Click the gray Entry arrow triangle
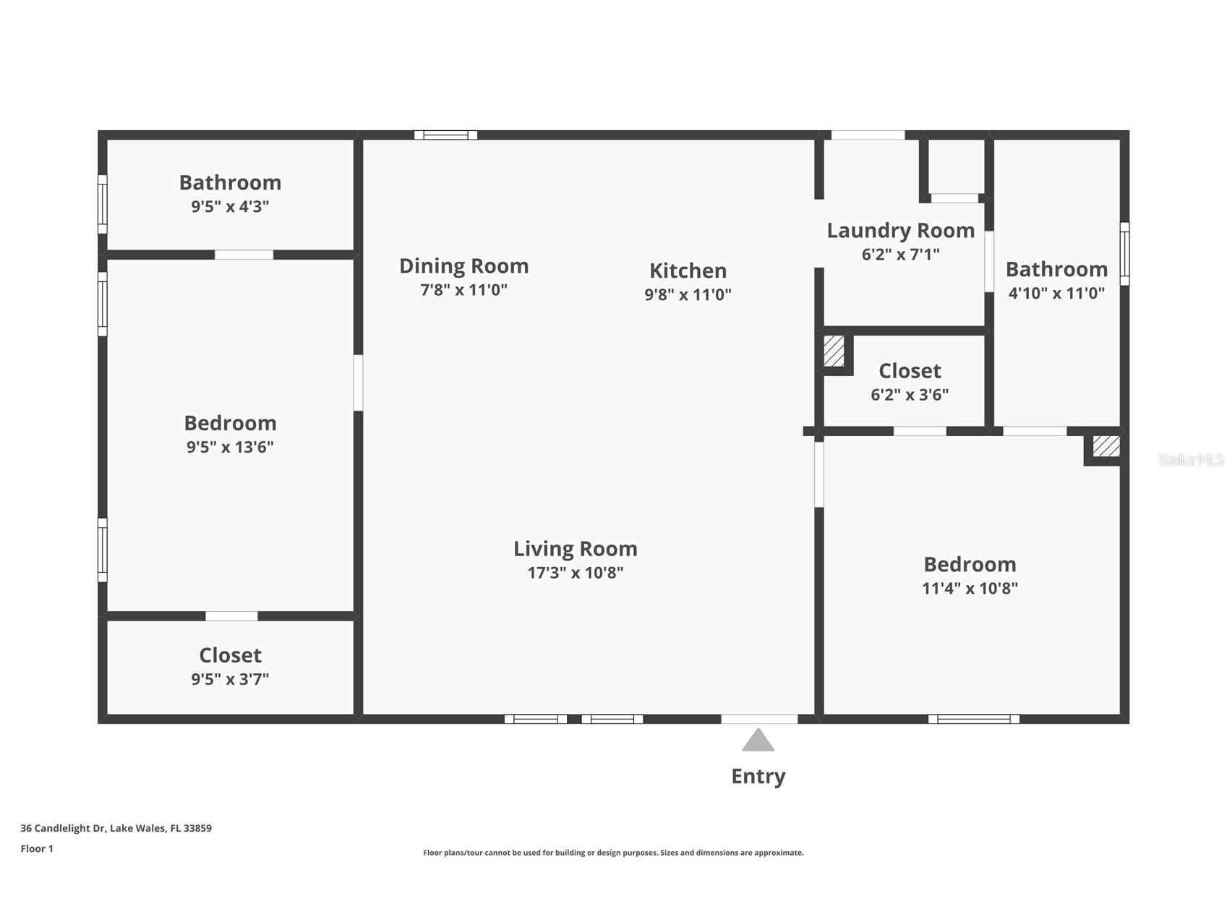click(x=758, y=740)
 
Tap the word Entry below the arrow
click(x=758, y=776)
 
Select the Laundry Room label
click(x=901, y=230)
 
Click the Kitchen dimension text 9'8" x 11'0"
click(x=688, y=294)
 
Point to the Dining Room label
click(x=463, y=266)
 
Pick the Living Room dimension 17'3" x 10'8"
click(x=576, y=573)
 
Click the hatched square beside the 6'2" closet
click(x=834, y=351)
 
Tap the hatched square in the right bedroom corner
click(x=1106, y=446)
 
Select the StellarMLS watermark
click(x=1191, y=459)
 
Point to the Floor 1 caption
click(x=37, y=848)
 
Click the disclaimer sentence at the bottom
click(x=613, y=853)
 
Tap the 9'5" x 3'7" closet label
click(x=230, y=666)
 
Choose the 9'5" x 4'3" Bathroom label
click(x=230, y=193)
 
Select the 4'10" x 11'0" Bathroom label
click(x=1056, y=281)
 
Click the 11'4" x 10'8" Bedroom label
click(x=970, y=576)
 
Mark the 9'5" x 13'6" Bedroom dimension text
click(x=230, y=447)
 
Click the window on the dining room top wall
click(x=445, y=135)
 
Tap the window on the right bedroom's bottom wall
click(x=974, y=719)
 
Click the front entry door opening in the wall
click(x=759, y=719)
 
